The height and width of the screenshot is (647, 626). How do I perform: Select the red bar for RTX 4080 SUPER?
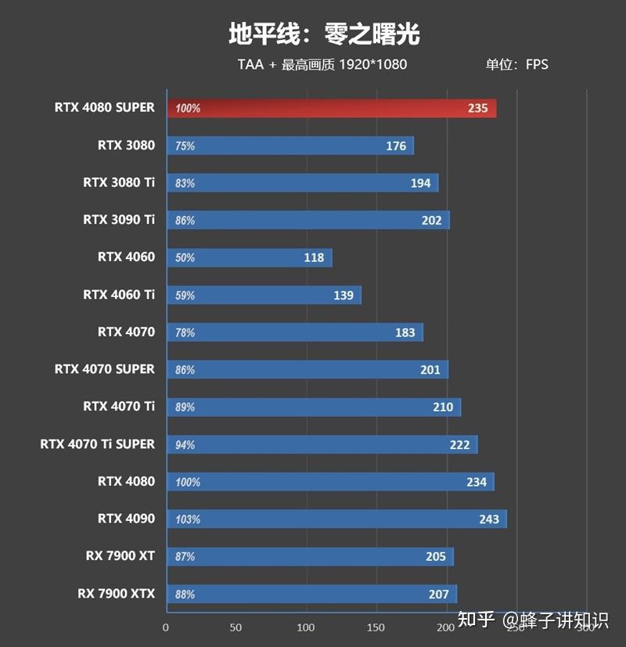[x=331, y=108]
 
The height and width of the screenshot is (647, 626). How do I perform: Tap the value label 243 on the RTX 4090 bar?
[x=489, y=519]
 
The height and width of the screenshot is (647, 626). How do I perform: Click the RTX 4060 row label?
[x=126, y=257]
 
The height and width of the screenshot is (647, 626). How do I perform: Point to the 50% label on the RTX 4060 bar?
[x=185, y=258]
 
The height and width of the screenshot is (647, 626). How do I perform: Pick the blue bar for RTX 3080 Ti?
[x=302, y=183]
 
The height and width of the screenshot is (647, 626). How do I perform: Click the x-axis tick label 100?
[x=306, y=627]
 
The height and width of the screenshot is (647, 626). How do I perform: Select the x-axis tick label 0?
[x=165, y=627]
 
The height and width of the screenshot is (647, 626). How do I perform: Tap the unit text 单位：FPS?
[x=516, y=64]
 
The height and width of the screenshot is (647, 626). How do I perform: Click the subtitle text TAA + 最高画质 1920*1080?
[x=322, y=64]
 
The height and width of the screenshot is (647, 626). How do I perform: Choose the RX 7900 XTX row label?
[x=116, y=594]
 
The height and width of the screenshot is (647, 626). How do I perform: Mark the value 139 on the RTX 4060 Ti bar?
[x=343, y=295]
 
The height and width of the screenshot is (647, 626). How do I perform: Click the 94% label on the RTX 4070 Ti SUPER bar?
[x=185, y=445]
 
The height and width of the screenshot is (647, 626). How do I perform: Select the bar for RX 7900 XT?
[x=309, y=556]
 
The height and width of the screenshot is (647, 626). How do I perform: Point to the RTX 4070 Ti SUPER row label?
[x=97, y=444]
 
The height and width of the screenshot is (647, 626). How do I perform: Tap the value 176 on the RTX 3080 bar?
[x=396, y=146]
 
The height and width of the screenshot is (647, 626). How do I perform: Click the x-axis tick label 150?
[x=376, y=627]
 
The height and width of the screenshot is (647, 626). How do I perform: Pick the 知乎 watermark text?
[x=476, y=620]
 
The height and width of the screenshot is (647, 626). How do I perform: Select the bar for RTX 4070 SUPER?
[x=307, y=369]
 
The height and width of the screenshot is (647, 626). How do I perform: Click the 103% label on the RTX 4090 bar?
[x=188, y=519]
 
